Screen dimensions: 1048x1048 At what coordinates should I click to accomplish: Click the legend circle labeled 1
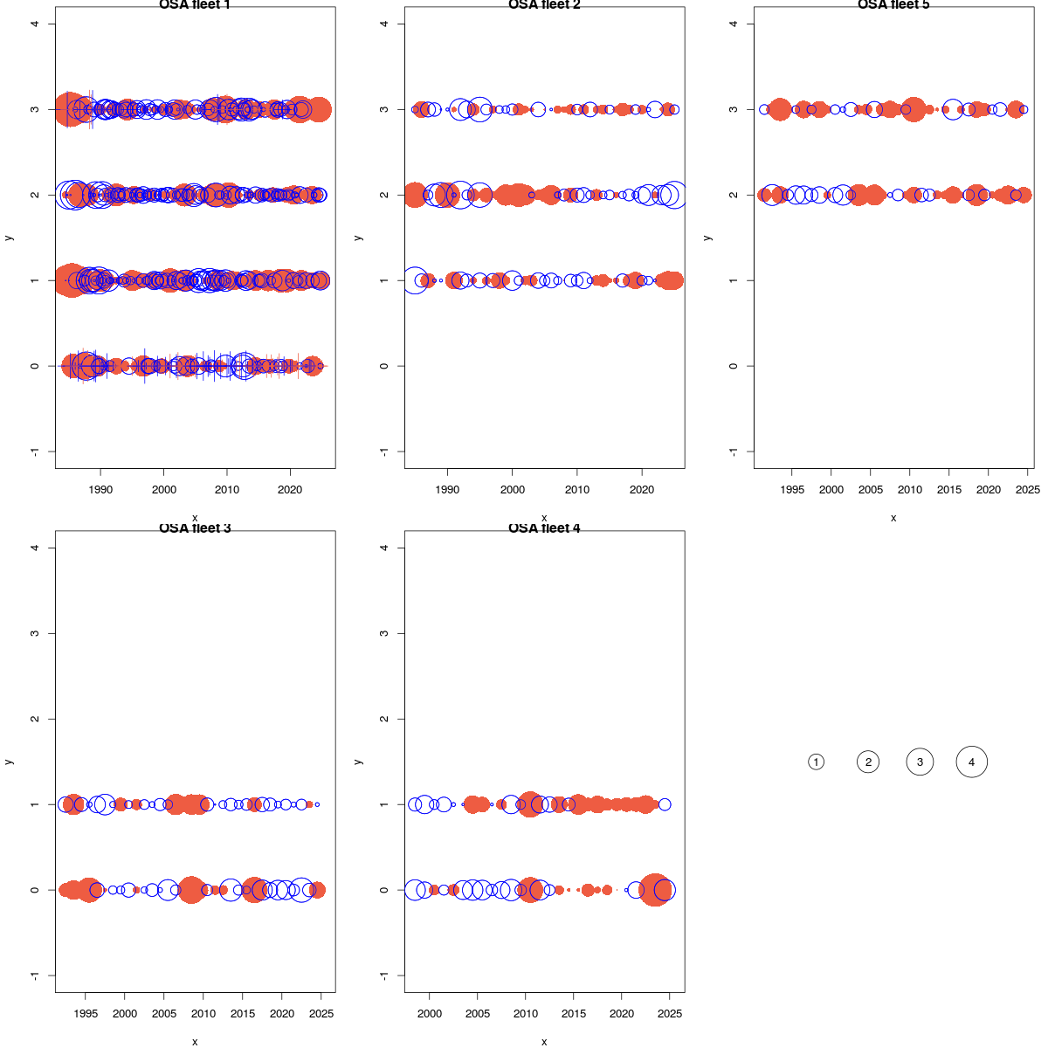point(816,762)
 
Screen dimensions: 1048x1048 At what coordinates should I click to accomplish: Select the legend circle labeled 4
point(971,762)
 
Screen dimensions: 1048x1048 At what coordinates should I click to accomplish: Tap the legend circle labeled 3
point(920,762)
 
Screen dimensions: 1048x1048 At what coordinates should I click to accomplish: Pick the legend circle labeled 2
point(867,762)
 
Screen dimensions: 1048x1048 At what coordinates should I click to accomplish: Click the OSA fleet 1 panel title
point(195,5)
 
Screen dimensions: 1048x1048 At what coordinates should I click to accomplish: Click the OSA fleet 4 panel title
point(544,527)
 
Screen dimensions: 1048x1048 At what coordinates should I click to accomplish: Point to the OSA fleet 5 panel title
point(893,5)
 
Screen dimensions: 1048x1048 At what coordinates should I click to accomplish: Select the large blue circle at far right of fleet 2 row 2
point(672,195)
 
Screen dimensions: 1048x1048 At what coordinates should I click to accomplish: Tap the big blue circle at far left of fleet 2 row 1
point(416,280)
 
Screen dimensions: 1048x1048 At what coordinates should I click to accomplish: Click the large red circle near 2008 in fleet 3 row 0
point(191,890)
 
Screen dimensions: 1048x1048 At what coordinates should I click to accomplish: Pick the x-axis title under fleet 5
point(893,518)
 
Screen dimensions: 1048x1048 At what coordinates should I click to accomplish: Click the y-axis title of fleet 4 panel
point(358,762)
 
